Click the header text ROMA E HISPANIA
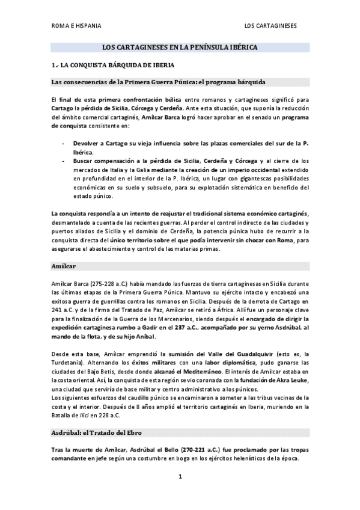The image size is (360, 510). point(76,26)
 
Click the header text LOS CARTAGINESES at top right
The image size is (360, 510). point(270,26)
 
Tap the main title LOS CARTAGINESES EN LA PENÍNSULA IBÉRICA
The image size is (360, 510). point(180,46)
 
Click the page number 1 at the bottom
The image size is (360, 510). point(180,478)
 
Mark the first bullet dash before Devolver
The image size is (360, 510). point(64,144)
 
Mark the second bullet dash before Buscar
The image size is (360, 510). point(64,161)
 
